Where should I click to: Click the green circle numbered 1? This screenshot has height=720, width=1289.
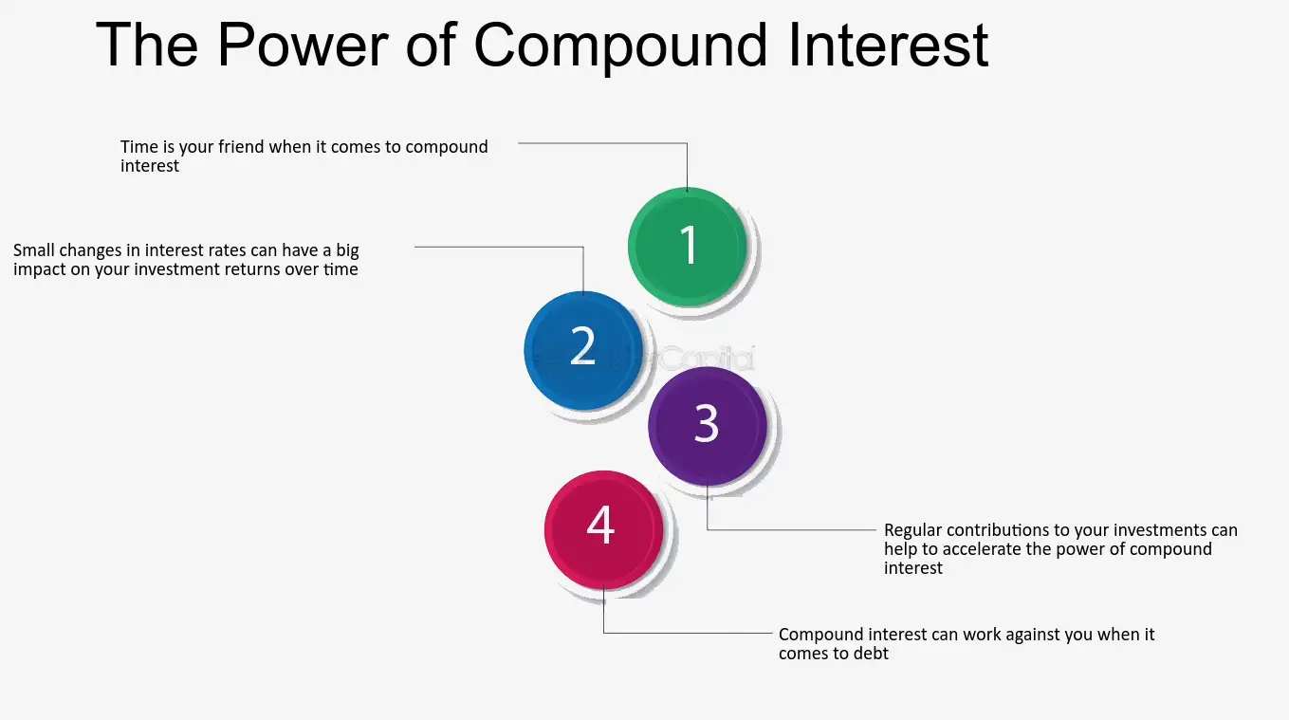pyautogui.click(x=688, y=246)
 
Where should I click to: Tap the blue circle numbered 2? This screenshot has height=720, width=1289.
pyautogui.click(x=583, y=349)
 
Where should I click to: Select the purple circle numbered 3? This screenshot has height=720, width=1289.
pyautogui.click(x=707, y=425)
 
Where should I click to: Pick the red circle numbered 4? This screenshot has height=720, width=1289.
pyautogui.click(x=601, y=528)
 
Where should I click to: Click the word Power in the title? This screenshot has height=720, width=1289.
pyautogui.click(x=304, y=44)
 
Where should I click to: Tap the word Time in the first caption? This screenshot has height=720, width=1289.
pyautogui.click(x=139, y=147)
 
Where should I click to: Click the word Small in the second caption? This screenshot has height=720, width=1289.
pyautogui.click(x=36, y=250)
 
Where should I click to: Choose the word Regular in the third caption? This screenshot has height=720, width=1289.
pyautogui.click(x=913, y=530)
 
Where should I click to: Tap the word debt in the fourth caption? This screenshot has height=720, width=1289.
pyautogui.click(x=871, y=654)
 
